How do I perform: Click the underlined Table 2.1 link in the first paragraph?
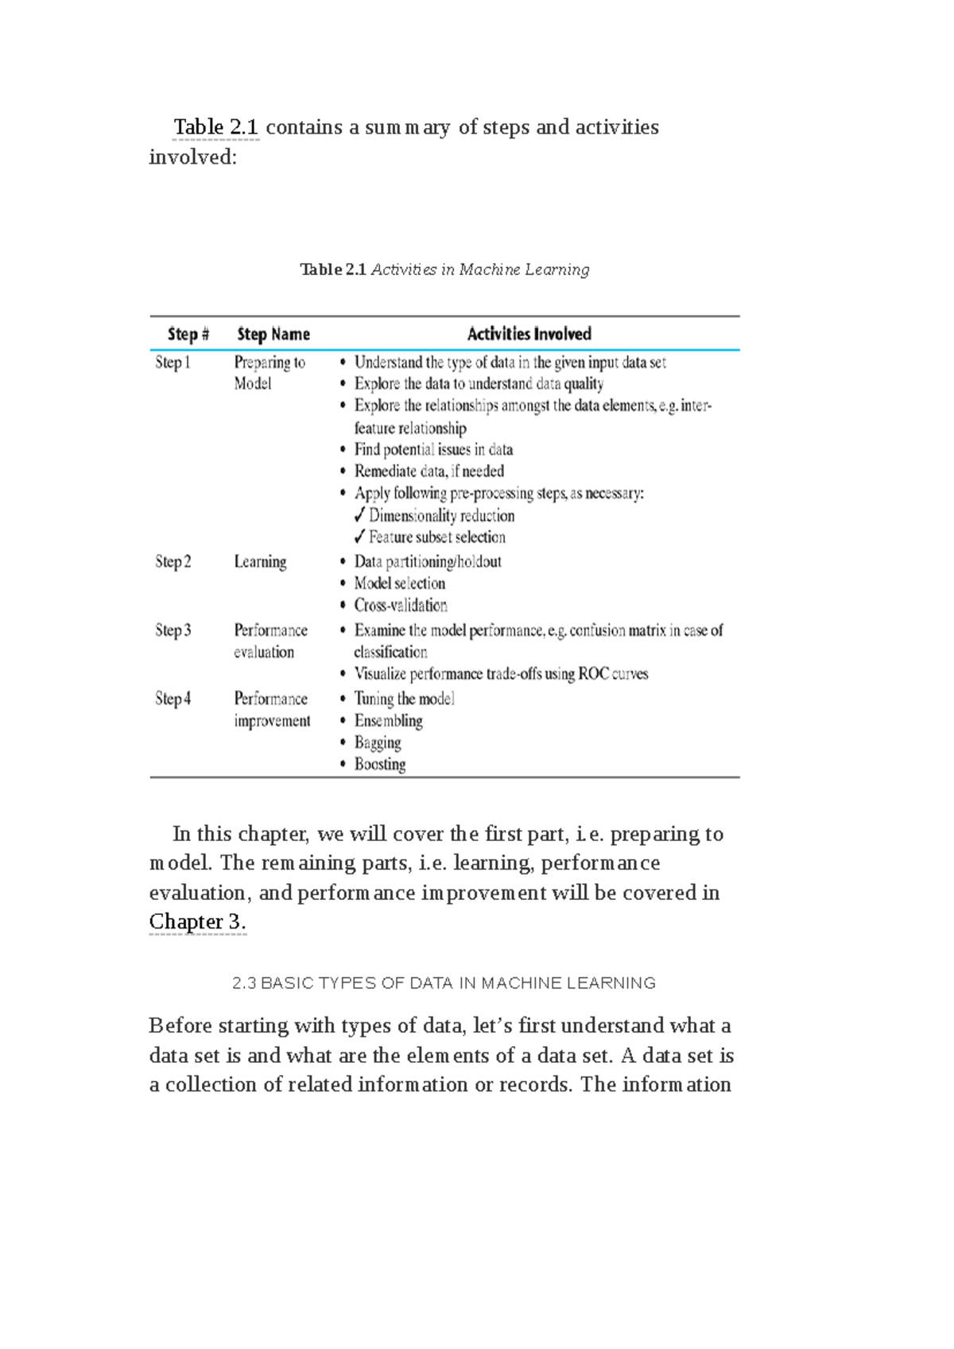point(216,127)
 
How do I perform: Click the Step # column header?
point(188,334)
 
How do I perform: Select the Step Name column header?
point(273,334)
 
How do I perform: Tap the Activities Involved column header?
point(529,334)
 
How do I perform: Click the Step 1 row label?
point(173,362)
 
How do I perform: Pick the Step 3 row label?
point(173,630)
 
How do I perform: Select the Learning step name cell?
point(260,562)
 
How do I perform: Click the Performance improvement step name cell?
point(272,710)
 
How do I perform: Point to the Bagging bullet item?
point(378,742)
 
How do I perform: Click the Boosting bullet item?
point(380,765)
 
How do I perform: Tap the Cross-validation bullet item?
point(401,606)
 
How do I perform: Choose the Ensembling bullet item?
point(388,721)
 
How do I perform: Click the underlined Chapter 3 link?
point(197,922)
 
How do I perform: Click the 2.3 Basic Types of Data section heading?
point(444,983)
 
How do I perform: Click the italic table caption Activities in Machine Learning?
point(480,269)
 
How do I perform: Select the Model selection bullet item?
point(399,583)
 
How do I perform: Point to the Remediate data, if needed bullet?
point(429,471)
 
